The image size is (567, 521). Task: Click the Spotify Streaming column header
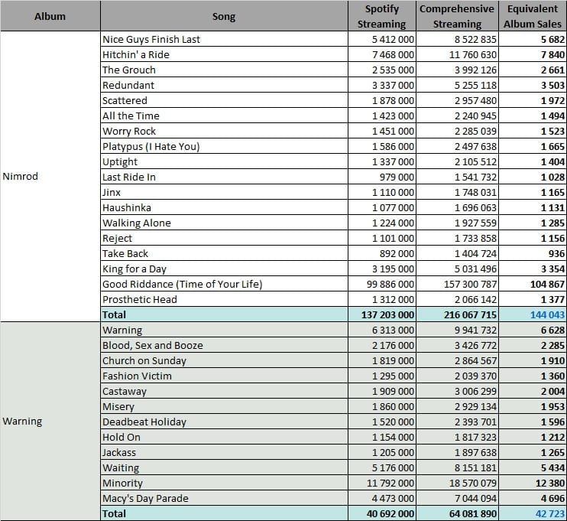point(381,16)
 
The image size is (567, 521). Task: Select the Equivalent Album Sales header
point(533,16)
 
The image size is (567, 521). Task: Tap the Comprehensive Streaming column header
point(457,16)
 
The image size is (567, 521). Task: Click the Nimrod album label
point(20,176)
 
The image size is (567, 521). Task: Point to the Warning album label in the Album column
point(22,422)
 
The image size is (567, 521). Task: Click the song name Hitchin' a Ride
point(136,54)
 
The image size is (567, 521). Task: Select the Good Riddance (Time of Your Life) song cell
point(182,284)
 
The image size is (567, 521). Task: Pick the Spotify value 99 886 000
point(390,284)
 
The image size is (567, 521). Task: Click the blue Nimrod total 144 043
point(547,314)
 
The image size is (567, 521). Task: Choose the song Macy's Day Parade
point(145,499)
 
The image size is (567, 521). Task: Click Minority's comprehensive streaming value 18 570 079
point(472,483)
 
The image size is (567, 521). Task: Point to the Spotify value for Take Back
point(397,253)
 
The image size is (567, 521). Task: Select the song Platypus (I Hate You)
point(151,147)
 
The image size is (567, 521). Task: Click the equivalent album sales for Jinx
point(552,192)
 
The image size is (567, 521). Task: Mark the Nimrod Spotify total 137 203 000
point(387,314)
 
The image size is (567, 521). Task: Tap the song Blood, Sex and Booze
point(153,345)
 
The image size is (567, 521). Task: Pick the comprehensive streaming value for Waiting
point(475,467)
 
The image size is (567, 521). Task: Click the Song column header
point(224,17)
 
